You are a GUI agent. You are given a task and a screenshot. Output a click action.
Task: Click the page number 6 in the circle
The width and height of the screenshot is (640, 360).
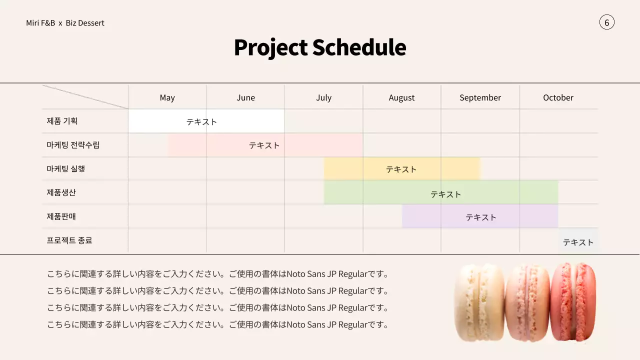click(x=606, y=22)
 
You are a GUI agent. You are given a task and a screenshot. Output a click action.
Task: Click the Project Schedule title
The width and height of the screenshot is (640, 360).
click(x=320, y=47)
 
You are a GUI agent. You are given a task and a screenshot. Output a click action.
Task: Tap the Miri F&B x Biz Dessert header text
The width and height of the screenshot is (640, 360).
click(x=65, y=23)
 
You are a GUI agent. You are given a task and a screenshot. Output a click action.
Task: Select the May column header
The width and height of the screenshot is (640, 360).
click(x=167, y=97)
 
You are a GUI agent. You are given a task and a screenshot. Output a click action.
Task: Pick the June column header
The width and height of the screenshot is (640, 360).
click(x=245, y=97)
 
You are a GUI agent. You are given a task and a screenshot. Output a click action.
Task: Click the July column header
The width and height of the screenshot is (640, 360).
click(x=323, y=97)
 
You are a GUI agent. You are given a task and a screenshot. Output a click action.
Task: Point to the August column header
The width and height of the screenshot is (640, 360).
click(x=401, y=97)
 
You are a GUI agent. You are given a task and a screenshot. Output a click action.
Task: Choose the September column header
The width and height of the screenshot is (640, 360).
click(x=480, y=97)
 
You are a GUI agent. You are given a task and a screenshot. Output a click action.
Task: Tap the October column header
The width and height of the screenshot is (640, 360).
click(x=558, y=97)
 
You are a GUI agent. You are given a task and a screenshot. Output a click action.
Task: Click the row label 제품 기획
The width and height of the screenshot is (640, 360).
click(x=62, y=121)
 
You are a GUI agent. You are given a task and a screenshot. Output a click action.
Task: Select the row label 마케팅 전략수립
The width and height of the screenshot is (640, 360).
click(x=73, y=145)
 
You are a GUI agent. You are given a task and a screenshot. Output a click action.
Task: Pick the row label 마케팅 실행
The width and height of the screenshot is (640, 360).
click(x=66, y=168)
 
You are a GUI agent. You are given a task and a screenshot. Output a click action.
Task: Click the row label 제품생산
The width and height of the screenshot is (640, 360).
click(x=61, y=192)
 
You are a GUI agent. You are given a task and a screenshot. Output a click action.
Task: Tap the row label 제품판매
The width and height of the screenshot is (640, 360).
click(x=61, y=216)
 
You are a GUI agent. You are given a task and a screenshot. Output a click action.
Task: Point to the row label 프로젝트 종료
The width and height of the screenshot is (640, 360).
click(x=69, y=240)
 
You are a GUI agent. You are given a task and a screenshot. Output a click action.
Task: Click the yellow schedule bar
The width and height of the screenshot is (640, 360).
click(x=401, y=169)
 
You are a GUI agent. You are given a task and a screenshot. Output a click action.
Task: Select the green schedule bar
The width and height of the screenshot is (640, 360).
click(x=440, y=193)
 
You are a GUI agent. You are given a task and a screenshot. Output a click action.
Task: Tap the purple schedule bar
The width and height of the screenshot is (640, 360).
click(x=480, y=217)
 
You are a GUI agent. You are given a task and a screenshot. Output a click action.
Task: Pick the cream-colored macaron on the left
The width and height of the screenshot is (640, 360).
click(x=479, y=303)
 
